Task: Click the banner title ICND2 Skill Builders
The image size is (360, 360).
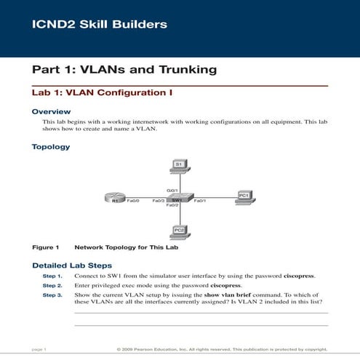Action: point(100,25)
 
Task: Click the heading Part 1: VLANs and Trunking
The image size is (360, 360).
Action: point(124,70)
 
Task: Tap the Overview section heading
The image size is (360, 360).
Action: point(51,111)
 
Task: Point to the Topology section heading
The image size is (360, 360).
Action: point(51,147)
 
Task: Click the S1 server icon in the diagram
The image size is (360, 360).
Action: point(179,167)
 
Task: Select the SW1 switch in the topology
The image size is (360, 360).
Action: point(179,198)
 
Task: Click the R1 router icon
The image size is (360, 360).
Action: point(115,198)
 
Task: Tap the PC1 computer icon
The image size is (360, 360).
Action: point(244,196)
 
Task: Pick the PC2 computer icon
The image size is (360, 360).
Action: point(179,231)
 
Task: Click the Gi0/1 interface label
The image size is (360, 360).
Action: point(172,190)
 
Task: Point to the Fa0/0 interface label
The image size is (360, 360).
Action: point(133,199)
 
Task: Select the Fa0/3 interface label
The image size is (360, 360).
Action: point(158,199)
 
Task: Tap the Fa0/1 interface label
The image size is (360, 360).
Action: point(200,199)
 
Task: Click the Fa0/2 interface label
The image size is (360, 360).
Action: point(173,206)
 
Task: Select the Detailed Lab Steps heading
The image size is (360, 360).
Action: point(72,265)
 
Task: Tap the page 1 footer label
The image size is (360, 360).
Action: point(39,350)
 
